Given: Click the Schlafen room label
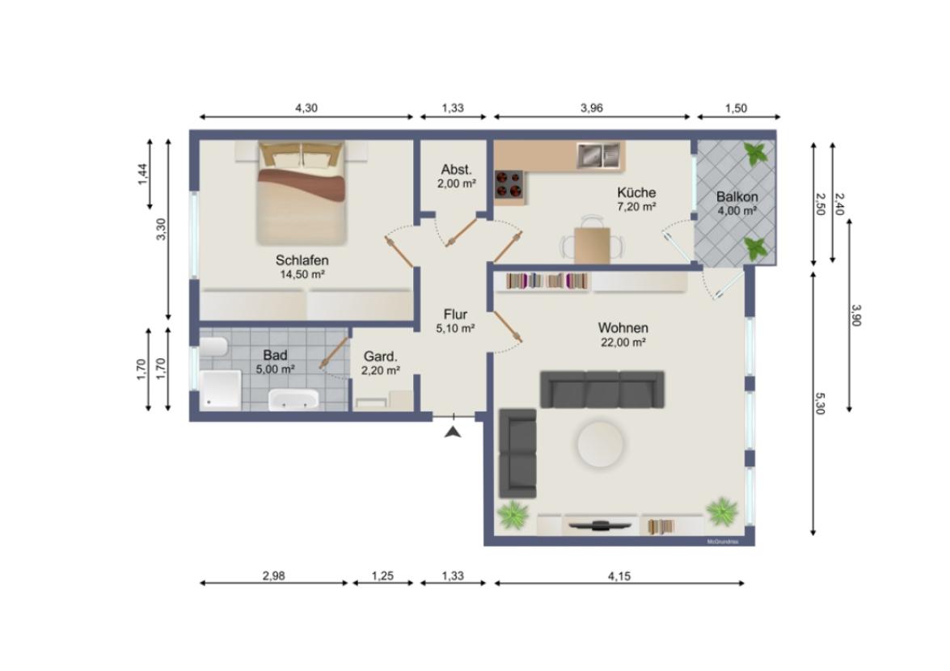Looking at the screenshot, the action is coord(302,260).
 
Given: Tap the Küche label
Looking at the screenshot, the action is coord(636,192).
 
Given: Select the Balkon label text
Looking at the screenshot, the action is coord(737,196).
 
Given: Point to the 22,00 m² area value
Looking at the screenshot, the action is coord(623,342).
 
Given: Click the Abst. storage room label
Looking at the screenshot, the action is coord(456,170).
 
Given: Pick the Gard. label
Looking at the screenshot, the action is coord(380,357).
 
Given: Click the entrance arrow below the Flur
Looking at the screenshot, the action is coord(453,431).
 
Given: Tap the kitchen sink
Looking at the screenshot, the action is coord(598,155).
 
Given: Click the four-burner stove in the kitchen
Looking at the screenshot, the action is coord(509,184).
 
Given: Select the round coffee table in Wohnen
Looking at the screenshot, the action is coord(601,444).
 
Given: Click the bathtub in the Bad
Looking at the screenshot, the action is coord(293,399).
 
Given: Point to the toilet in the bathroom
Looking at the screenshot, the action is coord(213,347).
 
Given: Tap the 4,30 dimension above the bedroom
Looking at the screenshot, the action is coord(306,108).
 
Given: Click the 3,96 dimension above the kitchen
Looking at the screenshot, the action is coord(591,108).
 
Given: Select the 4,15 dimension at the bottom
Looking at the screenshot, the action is coord(619,576).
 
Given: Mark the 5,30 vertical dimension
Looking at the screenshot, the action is coord(819,403).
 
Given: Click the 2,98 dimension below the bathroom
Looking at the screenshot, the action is coord(273,576).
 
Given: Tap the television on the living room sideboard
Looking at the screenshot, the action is coord(601,525).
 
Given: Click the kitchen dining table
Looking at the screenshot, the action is coord(592,245).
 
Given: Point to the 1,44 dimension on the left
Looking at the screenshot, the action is coord(142,175).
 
